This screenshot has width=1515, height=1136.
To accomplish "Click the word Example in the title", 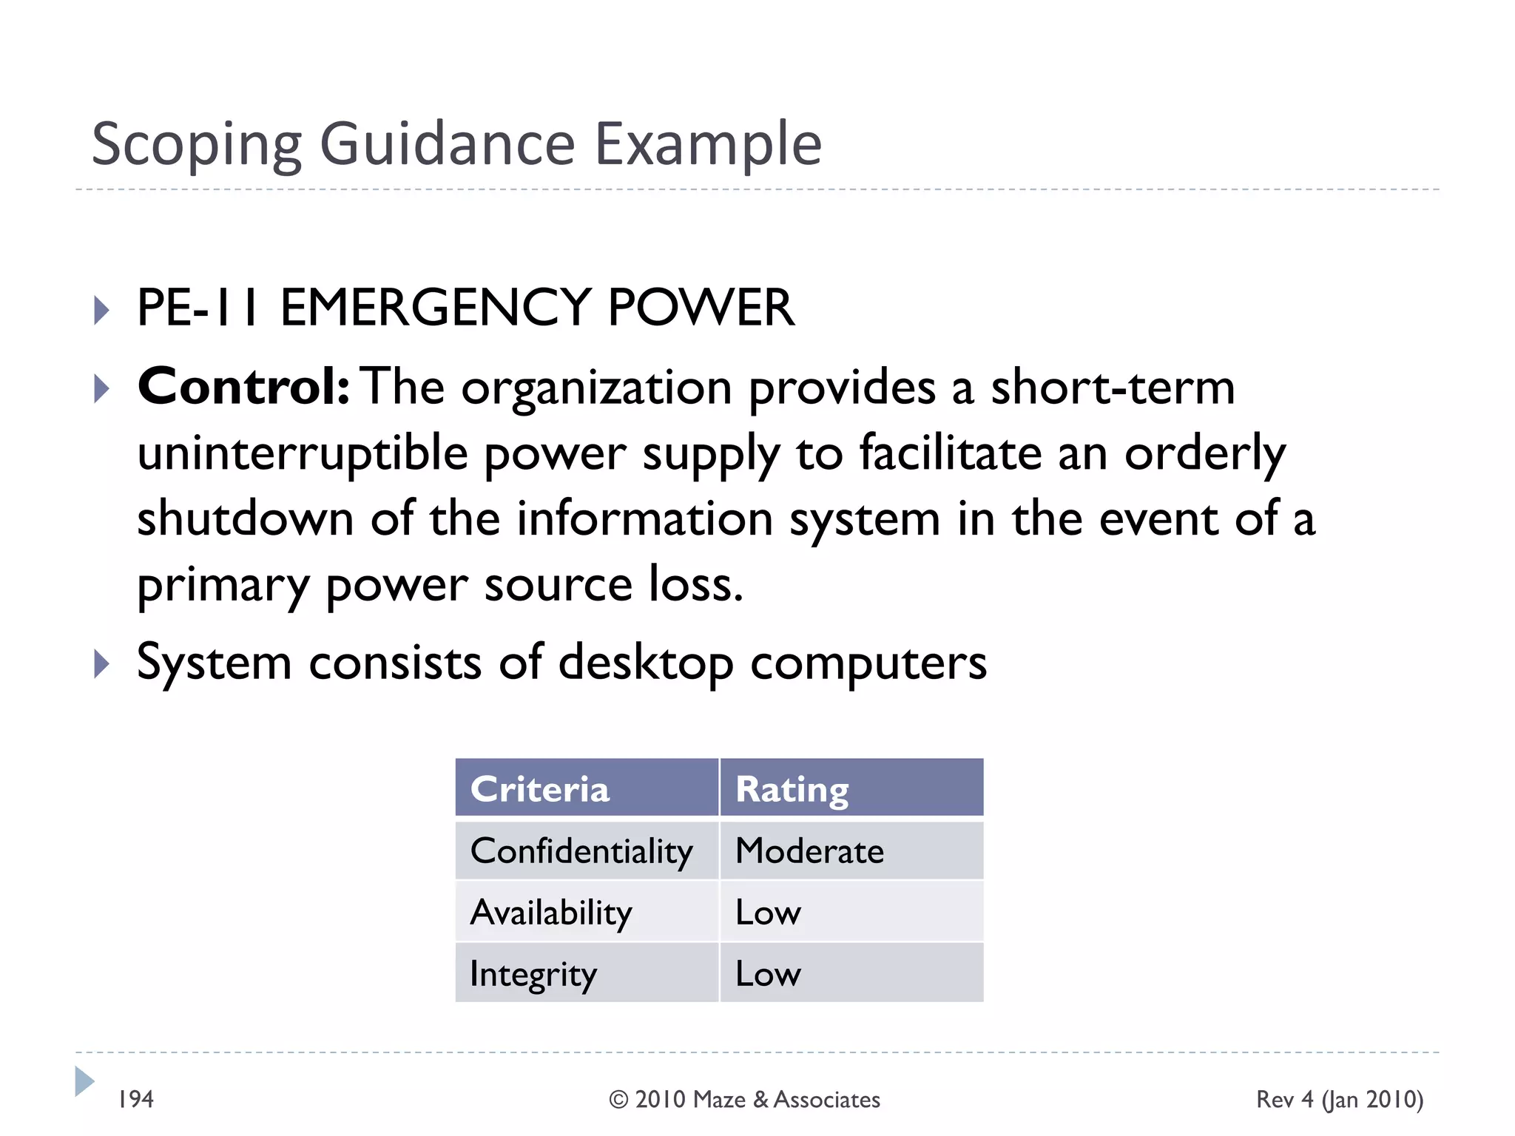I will point(708,144).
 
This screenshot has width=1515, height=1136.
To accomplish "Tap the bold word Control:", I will point(243,387).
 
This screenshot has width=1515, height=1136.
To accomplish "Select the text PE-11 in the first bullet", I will point(198,308).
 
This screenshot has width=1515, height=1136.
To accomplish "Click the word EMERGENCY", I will point(434,308).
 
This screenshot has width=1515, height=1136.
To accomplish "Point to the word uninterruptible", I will point(303,453).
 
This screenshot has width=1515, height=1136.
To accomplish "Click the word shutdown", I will point(245,518).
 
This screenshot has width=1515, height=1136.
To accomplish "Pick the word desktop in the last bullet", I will point(645,663).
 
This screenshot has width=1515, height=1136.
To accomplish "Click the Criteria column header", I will point(540,789).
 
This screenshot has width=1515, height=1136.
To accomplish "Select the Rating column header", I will point(792,789).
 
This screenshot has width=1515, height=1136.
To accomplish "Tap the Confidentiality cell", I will point(581,851).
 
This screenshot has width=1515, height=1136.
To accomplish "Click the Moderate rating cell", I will point(809,851).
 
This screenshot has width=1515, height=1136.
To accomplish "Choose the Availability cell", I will point(551,913).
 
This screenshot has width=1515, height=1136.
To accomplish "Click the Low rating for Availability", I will point(768,913).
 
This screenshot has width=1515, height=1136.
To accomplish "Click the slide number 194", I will point(136,1100).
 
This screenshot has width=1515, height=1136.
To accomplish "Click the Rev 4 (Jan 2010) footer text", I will point(1340,1100).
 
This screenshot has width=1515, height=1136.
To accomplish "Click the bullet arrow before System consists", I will point(102,663).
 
